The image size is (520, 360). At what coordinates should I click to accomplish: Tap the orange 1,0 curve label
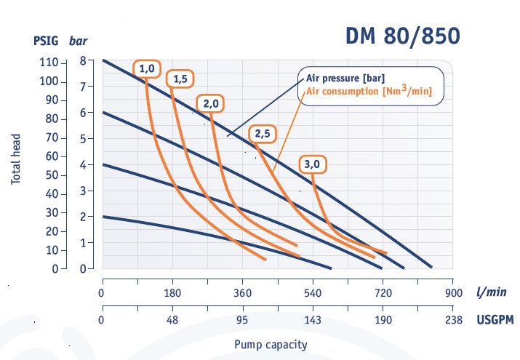click(146, 68)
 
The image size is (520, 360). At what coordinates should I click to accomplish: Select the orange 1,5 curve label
click(179, 79)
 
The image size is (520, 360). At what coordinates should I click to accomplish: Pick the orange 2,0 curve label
click(212, 104)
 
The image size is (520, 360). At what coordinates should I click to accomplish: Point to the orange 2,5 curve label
click(262, 133)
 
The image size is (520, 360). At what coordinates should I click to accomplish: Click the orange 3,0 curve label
click(312, 164)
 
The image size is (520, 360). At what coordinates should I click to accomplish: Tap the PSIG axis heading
click(46, 41)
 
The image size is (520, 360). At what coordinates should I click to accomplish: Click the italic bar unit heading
click(78, 41)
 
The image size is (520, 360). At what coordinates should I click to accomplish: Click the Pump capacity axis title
click(271, 345)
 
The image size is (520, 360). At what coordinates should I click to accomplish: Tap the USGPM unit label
click(494, 319)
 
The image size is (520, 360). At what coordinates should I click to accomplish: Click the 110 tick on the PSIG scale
click(49, 62)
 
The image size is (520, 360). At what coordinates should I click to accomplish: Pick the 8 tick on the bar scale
click(83, 61)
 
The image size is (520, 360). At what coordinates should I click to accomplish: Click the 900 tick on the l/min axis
click(453, 293)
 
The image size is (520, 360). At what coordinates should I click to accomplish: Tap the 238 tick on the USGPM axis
click(453, 320)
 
